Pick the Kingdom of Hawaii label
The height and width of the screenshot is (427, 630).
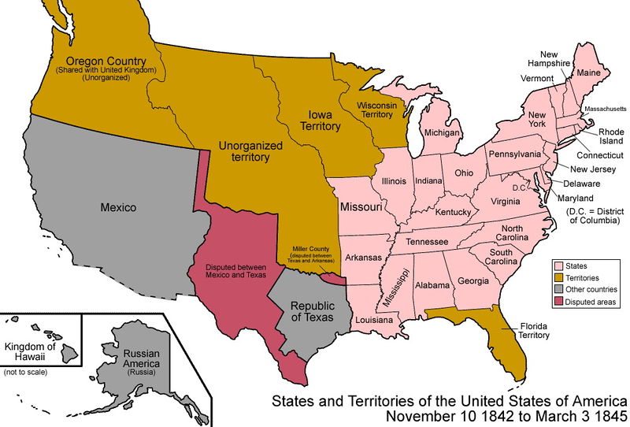click(x=31, y=351)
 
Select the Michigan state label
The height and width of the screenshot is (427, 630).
click(x=442, y=133)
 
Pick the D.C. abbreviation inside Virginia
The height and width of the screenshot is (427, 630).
click(x=518, y=188)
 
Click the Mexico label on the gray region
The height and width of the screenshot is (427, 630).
click(x=118, y=208)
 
